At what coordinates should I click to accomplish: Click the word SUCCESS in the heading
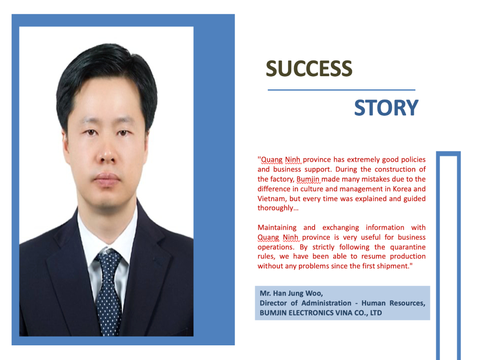[x=309, y=68]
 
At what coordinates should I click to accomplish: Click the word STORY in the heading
[x=386, y=108]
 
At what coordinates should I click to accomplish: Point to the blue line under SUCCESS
[x=342, y=90]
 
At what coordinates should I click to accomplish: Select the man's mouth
[x=107, y=178]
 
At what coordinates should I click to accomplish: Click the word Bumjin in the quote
[x=308, y=179]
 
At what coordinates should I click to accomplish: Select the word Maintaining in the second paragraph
[x=277, y=228]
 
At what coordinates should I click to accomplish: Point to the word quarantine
[x=407, y=247]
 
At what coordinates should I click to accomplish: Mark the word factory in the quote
[x=282, y=179]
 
